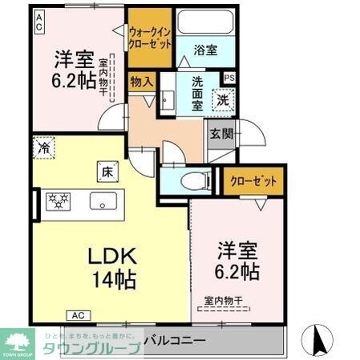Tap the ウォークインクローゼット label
coord(150,37)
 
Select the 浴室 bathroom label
coord(205,50)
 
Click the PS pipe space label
coord(230,78)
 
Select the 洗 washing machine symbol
coord(222,101)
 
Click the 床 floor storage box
coord(107,171)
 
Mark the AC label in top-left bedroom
coord(38,24)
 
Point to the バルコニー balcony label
coord(179,339)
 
